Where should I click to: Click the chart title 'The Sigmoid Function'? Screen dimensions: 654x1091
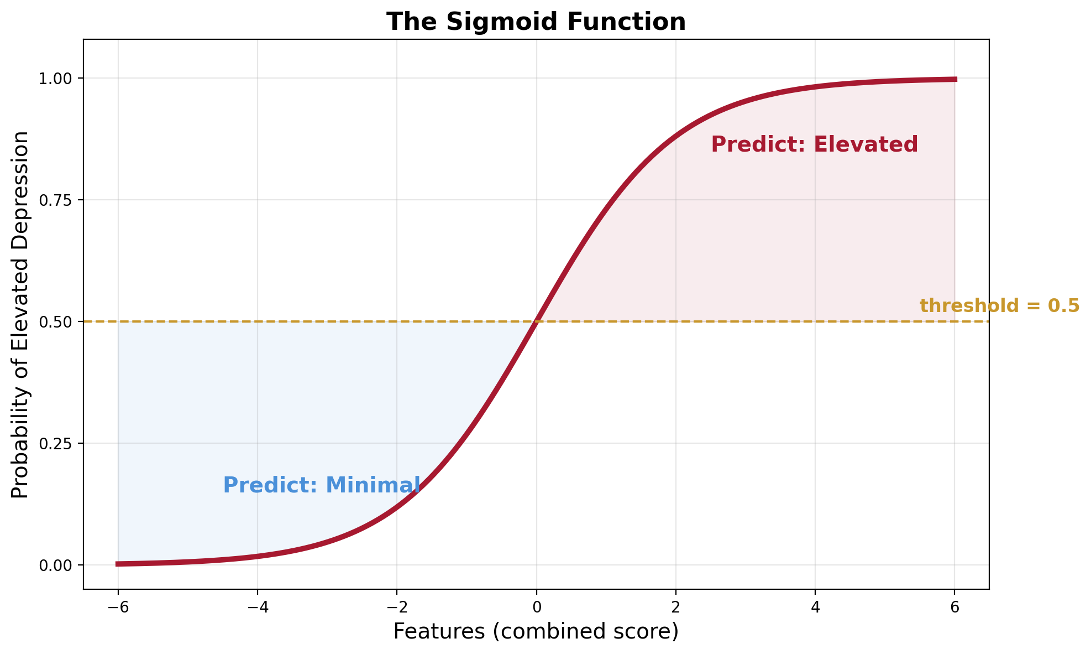tap(536, 22)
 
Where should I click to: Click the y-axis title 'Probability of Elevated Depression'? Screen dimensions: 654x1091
tap(20, 314)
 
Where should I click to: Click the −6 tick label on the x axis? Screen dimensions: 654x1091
tap(118, 607)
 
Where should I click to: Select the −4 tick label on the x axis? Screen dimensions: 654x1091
tap(257, 607)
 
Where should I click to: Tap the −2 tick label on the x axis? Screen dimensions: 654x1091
tap(396, 607)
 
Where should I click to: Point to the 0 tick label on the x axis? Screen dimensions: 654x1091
tap(536, 607)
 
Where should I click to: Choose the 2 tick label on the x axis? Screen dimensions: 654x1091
tap(675, 607)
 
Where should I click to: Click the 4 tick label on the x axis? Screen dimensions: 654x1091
tap(815, 607)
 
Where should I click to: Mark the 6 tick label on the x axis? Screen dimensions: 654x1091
tap(954, 607)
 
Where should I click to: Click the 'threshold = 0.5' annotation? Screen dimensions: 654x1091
tap(999, 306)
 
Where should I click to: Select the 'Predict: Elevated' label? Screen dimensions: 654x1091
tap(814, 145)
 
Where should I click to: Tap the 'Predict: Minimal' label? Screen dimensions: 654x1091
tap(321, 485)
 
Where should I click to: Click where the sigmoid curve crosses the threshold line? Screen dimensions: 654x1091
tap(536, 321)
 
